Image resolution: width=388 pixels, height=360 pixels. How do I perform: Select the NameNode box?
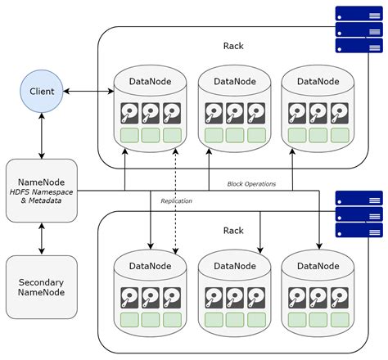pyautogui.click(x=41, y=190)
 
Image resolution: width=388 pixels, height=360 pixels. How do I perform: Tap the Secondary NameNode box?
pyautogui.click(x=41, y=286)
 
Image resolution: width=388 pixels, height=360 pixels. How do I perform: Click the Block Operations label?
pyautogui.click(x=251, y=184)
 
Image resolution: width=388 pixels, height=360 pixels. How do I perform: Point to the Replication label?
pyautogui.click(x=177, y=200)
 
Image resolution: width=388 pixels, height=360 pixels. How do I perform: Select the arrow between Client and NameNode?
pyautogui.click(x=41, y=136)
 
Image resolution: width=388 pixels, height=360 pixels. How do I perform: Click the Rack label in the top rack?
pyautogui.click(x=233, y=47)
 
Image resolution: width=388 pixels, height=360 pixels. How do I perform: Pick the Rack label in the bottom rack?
pyautogui.click(x=233, y=231)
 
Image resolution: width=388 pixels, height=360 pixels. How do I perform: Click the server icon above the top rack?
pyautogui.click(x=359, y=29)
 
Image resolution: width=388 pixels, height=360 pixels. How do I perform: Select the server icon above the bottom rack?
pyautogui.click(x=359, y=214)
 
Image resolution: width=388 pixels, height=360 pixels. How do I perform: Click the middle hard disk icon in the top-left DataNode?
pyautogui.click(x=151, y=112)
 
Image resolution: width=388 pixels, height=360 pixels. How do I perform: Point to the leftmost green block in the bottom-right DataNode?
pyautogui.click(x=297, y=319)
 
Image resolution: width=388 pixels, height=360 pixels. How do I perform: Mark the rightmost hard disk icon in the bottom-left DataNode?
pyautogui.click(x=172, y=296)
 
